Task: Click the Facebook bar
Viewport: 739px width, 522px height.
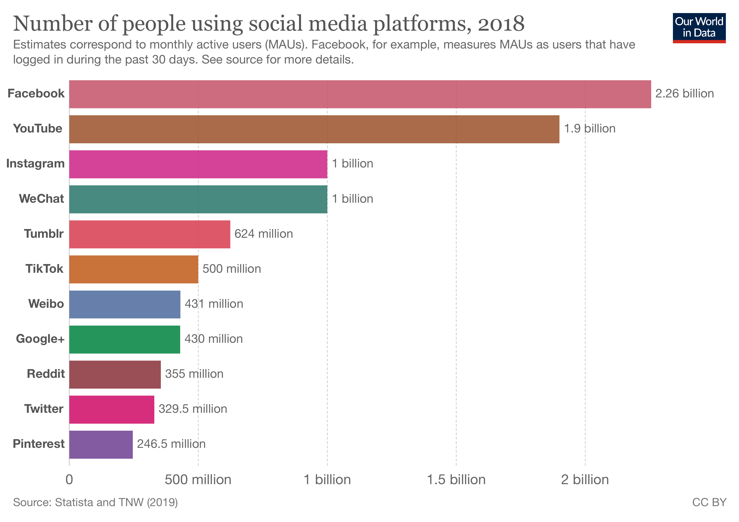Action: [x=360, y=94]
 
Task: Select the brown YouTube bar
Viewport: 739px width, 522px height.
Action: [x=314, y=129]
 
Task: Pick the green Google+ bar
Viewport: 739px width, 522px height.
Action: [x=125, y=340]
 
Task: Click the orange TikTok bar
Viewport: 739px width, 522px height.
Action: [x=134, y=269]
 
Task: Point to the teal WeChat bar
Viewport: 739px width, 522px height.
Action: [x=198, y=199]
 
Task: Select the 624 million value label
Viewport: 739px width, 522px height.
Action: [x=264, y=234]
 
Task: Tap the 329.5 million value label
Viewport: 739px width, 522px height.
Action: [x=193, y=409]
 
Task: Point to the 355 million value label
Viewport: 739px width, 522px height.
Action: [x=194, y=374]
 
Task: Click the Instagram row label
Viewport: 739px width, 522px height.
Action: [x=35, y=164]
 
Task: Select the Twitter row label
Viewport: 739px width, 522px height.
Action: [x=44, y=409]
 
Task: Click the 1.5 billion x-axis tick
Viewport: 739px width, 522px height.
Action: [x=456, y=480]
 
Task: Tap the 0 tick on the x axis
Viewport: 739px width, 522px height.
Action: [x=69, y=480]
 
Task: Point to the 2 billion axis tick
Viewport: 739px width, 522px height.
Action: [x=585, y=480]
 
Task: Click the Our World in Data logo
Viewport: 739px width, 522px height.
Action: [x=699, y=28]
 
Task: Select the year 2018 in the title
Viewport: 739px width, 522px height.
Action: [x=501, y=24]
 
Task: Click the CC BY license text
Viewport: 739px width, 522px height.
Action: [x=709, y=502]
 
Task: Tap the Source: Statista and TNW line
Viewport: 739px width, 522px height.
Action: [x=95, y=502]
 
